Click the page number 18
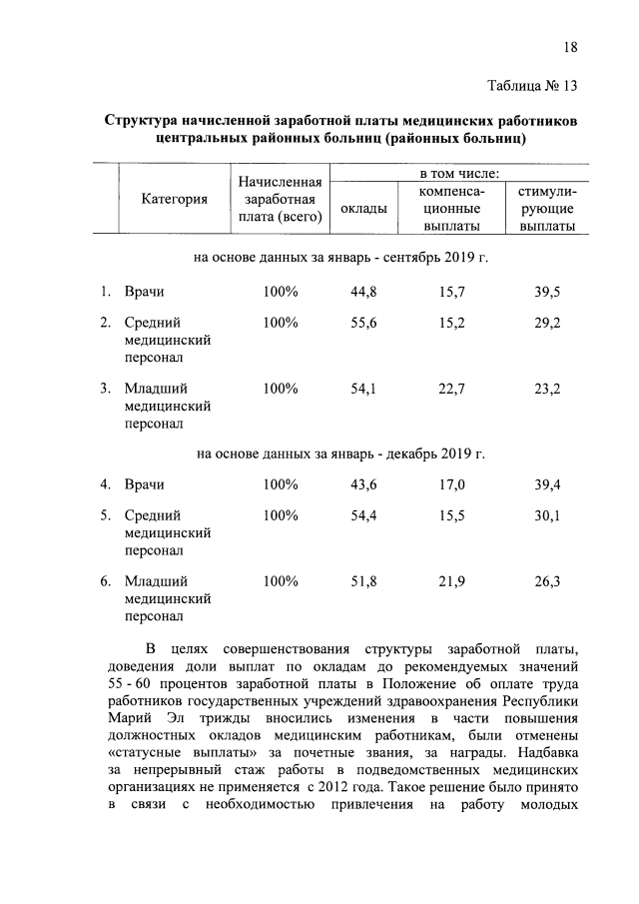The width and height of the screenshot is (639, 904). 570,47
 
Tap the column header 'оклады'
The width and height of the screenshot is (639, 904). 363,209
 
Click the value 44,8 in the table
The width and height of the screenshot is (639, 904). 362,292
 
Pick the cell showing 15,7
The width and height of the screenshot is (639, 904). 452,292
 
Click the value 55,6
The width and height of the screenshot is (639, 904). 362,323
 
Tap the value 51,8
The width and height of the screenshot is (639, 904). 362,580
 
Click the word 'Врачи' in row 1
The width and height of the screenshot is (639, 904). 144,292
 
